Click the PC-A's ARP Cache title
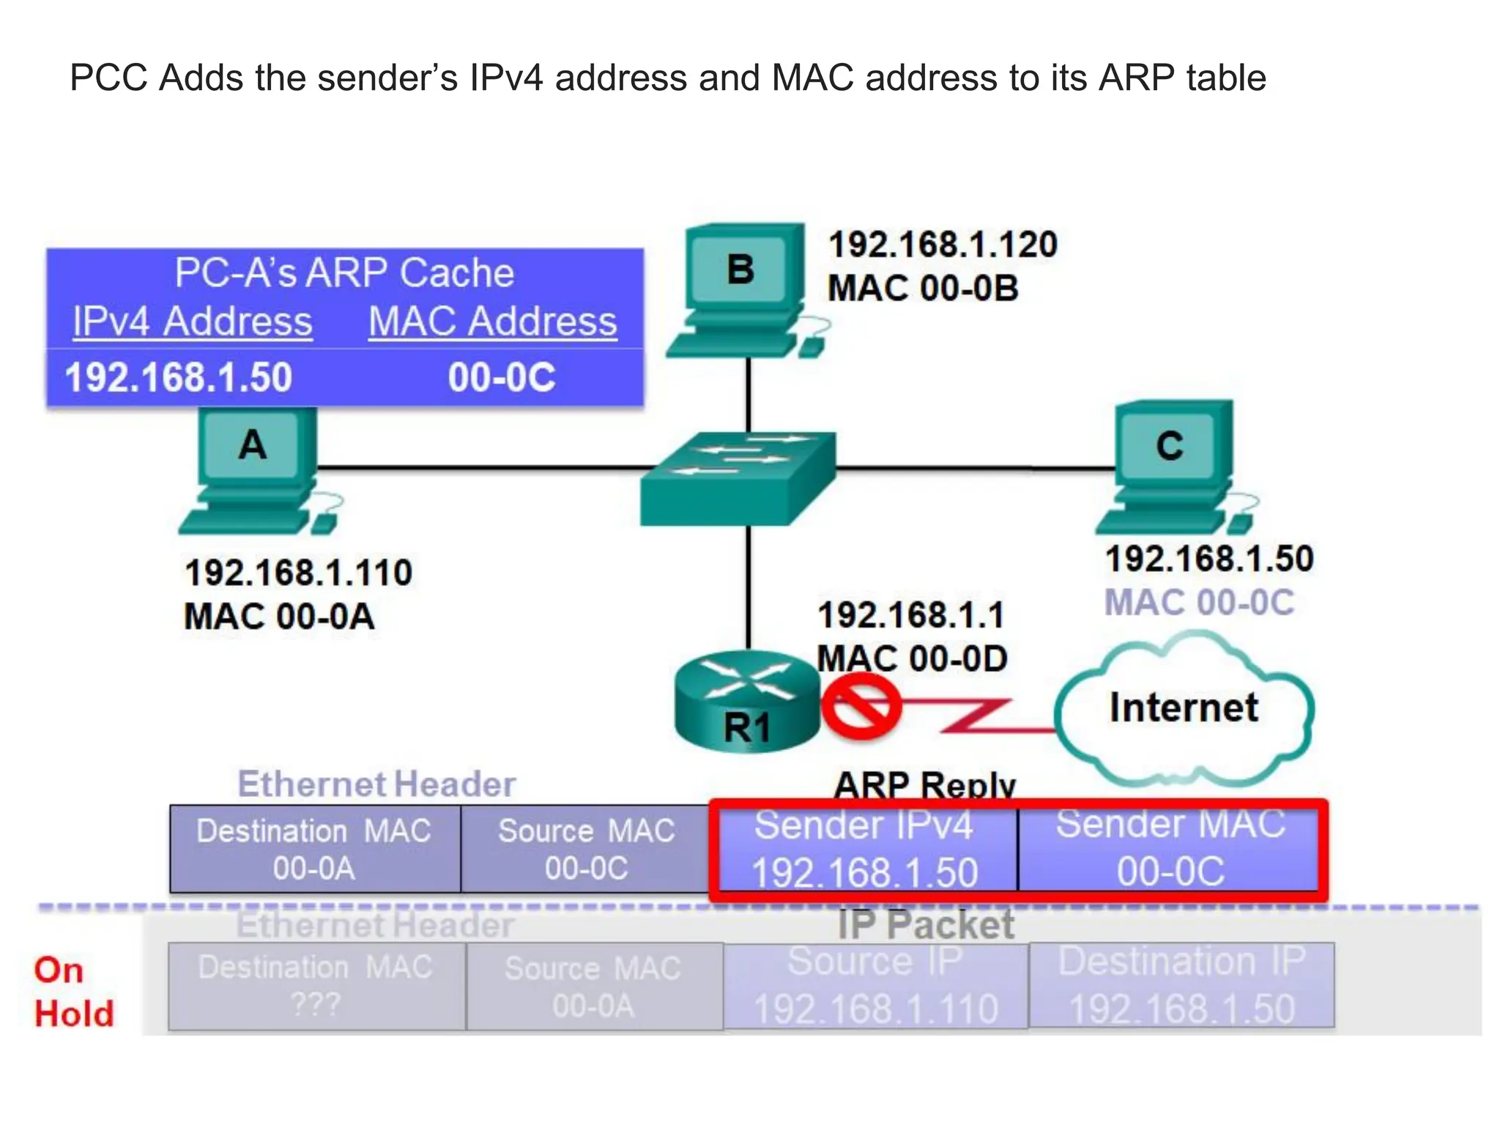[344, 273]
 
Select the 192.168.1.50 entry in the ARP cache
[179, 377]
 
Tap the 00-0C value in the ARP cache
[502, 377]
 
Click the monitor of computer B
[741, 269]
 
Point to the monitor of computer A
[253, 445]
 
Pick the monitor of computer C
[1170, 445]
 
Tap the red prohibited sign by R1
[861, 707]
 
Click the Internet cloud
[1184, 708]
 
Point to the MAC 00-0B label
[923, 288]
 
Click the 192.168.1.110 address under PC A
[298, 573]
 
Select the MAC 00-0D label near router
[912, 658]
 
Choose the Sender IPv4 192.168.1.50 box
[865, 849]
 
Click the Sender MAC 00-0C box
[1170, 849]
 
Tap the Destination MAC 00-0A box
[315, 850]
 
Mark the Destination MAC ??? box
[316, 986]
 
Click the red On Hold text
[73, 992]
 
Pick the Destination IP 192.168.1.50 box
[1181, 986]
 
